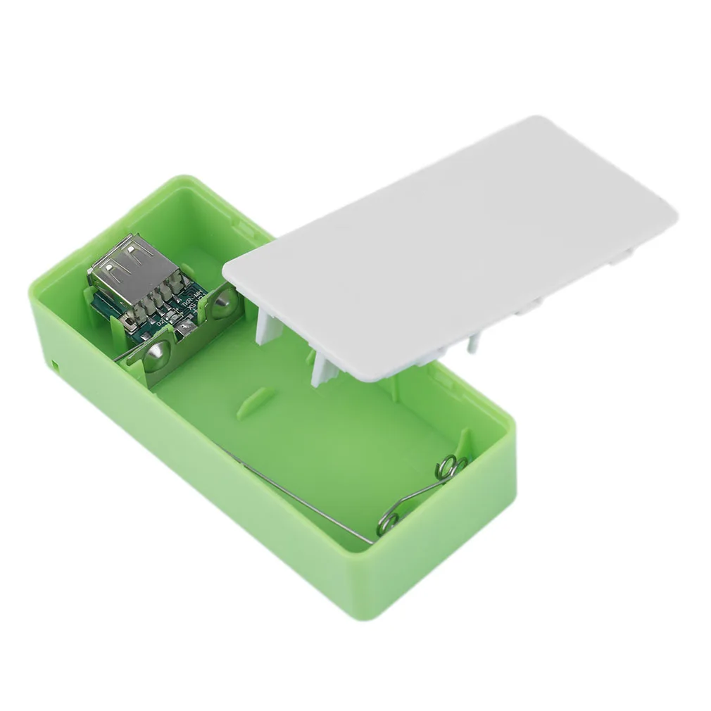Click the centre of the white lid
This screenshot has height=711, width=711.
coord(451,246)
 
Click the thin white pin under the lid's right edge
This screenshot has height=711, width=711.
coord(470,344)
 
